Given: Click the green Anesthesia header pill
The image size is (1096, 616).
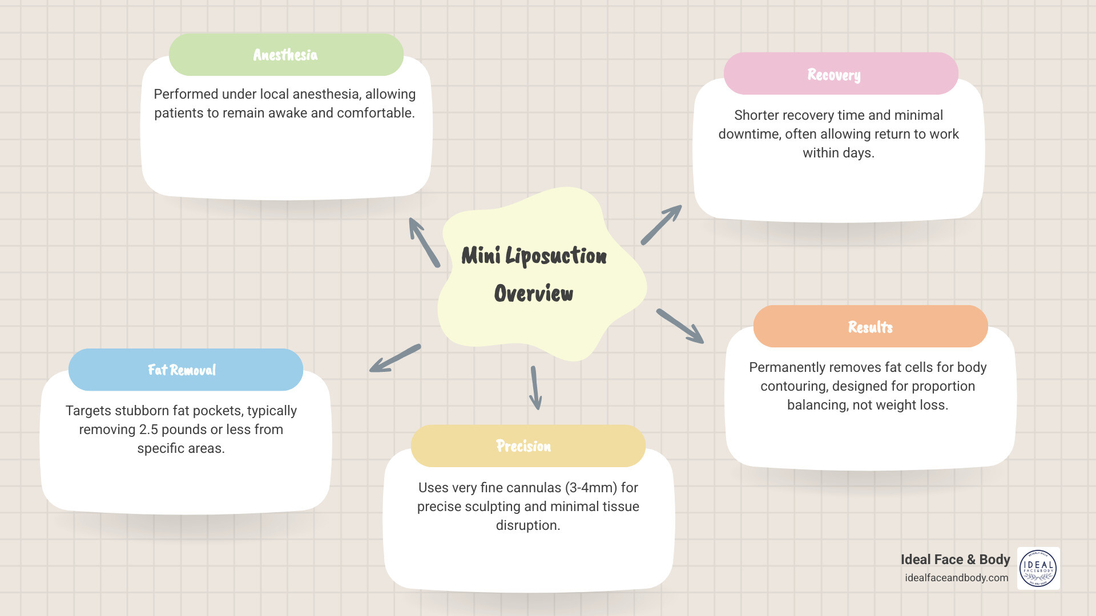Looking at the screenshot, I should coord(286,55).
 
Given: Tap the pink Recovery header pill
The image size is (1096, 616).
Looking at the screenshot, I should coord(840,74).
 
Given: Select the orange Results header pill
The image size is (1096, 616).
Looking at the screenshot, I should coord(870,327).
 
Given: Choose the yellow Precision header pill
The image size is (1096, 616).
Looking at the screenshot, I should coord(527,446).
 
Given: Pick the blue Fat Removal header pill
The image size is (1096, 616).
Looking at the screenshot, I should coord(186,370).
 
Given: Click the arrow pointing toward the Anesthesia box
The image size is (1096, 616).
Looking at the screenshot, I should coord(424,242).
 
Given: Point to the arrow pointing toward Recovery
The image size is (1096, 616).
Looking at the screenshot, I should coord(661,225).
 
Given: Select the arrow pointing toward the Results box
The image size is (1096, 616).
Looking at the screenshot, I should coord(680,326).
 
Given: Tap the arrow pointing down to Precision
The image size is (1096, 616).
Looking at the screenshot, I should coord(535,388).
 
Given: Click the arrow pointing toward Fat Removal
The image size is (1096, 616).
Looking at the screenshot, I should coord(394,359).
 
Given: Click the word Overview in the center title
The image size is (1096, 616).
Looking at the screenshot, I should coord(533,294).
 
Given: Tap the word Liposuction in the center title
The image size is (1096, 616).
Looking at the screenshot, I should coord(556,256).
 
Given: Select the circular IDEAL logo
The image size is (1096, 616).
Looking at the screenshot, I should coord(1038,569).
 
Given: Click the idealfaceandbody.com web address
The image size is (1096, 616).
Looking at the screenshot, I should coord(956,578).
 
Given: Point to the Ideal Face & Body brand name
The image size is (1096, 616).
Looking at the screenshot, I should coord(955,560).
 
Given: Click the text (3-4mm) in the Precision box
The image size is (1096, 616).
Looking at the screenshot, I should coord(591,488).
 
